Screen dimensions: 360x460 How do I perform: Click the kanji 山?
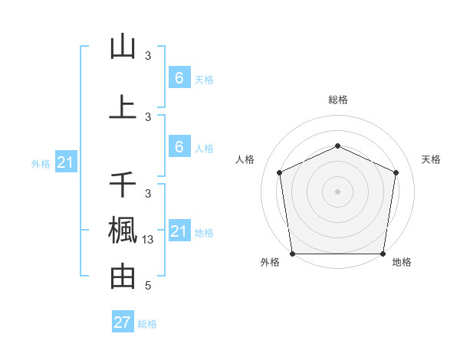[x=123, y=47]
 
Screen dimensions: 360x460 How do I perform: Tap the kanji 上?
[x=123, y=107]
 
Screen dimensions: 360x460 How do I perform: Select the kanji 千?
[x=123, y=185]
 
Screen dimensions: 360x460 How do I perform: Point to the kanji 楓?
[x=123, y=231]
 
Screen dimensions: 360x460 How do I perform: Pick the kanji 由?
[x=123, y=276]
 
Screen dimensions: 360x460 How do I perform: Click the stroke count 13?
[x=149, y=240]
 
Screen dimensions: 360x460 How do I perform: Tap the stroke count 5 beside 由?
[x=148, y=286]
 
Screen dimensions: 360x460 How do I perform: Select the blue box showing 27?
[x=123, y=322]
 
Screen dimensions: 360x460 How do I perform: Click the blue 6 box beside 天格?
[x=179, y=78]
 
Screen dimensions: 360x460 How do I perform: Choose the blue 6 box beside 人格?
[x=179, y=147]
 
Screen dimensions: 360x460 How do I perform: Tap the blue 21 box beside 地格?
[x=179, y=231]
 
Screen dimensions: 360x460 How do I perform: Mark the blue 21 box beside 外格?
[x=67, y=162]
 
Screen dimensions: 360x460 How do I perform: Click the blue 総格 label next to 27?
[x=147, y=324]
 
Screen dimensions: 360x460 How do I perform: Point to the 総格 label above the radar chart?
[x=337, y=100]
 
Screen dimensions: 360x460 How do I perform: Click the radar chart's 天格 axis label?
[x=432, y=159]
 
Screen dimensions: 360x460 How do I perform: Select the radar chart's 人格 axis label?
[x=245, y=159]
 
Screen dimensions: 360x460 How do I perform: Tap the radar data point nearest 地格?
[x=383, y=254]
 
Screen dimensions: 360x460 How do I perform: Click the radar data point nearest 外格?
[x=292, y=254]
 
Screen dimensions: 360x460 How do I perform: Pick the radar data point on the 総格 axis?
[x=337, y=146]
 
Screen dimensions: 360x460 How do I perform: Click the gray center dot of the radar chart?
[x=337, y=191]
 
